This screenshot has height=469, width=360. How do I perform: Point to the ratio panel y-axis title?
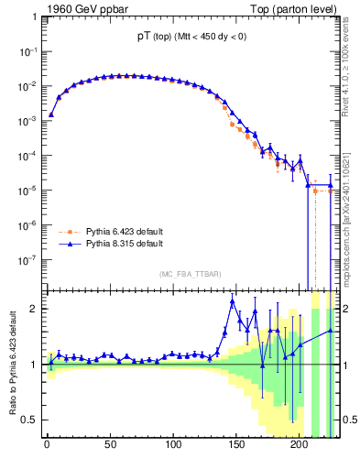12,366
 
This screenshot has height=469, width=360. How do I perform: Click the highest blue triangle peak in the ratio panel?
233,301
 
